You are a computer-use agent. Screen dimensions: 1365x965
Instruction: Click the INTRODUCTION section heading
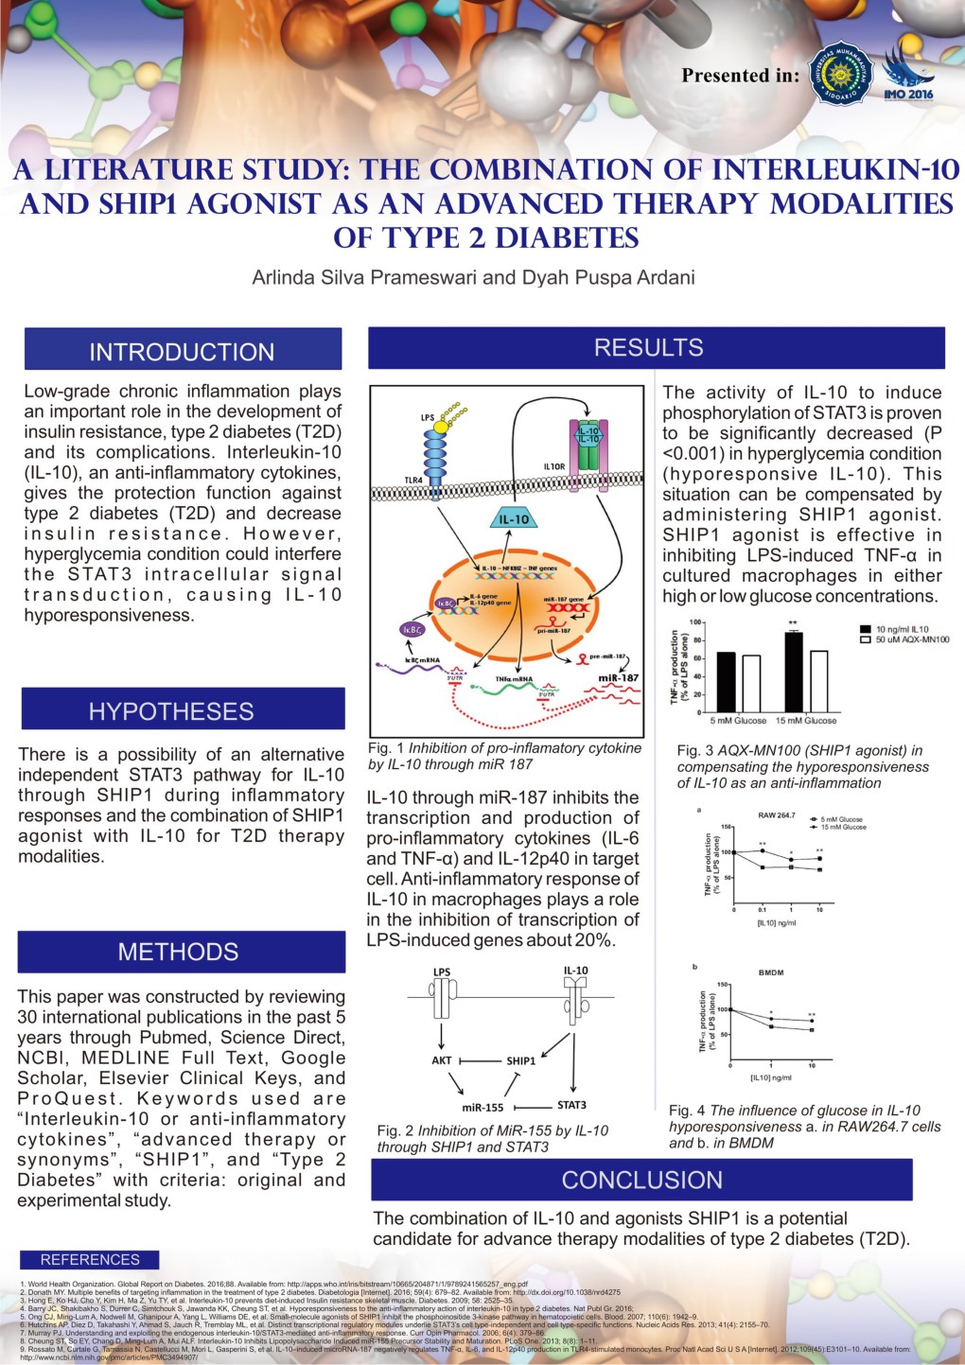pos(182,352)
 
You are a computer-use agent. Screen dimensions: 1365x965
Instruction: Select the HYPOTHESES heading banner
pos(171,711)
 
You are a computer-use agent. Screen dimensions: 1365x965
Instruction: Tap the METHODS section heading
pos(178,952)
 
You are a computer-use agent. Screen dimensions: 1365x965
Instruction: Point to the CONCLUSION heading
pos(641,1180)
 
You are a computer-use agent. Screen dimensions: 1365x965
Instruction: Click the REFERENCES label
pos(90,1259)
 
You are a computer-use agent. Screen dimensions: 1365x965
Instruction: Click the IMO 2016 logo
pos(908,76)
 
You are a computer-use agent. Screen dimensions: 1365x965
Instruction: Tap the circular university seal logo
pos(840,73)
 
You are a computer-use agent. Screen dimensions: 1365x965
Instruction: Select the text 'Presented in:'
pos(741,76)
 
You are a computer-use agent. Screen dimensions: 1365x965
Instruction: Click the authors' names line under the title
pos(473,277)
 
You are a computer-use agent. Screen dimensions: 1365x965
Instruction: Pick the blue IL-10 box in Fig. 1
pos(514,518)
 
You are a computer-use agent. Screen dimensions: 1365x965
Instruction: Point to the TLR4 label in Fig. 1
pos(413,481)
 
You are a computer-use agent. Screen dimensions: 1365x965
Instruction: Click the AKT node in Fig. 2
pos(442,1060)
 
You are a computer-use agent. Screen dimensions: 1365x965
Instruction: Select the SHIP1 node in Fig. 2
pos(520,1060)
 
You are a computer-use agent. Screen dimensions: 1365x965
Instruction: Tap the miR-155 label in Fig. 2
pos(482,1107)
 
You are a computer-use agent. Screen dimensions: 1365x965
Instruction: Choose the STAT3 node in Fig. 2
pos(571,1105)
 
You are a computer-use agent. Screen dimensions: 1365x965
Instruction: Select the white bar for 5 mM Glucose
pos(751,683)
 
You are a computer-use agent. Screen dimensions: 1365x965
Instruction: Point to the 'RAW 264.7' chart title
pos(777,814)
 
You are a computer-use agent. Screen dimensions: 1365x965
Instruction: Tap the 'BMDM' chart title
pos(771,972)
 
